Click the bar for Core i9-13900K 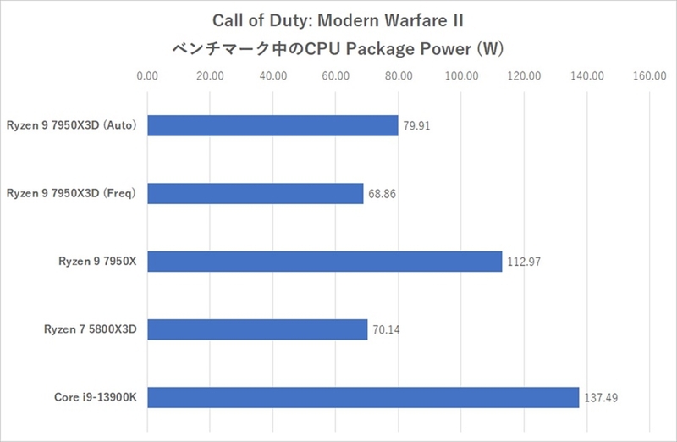[363, 397]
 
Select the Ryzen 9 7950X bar [324, 262]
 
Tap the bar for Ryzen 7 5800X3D [257, 329]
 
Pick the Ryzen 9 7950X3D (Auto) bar [272, 125]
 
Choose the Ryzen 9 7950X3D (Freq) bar [255, 194]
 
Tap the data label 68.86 [381, 194]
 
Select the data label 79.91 [416, 126]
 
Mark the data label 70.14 [385, 329]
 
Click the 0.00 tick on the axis [147, 77]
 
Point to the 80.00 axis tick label [399, 77]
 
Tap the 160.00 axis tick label [649, 77]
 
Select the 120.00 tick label [524, 77]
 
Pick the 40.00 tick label [272, 77]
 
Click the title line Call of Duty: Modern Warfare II [338, 19]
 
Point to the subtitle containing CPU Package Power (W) [338, 49]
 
